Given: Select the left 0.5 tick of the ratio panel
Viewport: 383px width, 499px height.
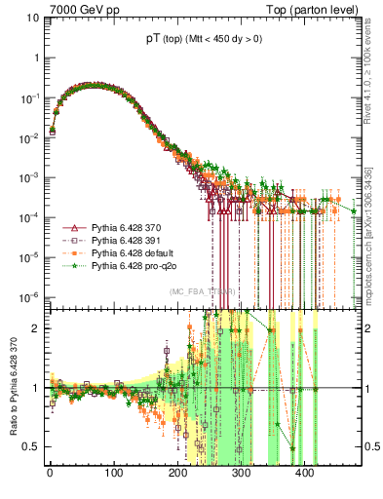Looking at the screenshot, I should tap(31, 446).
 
